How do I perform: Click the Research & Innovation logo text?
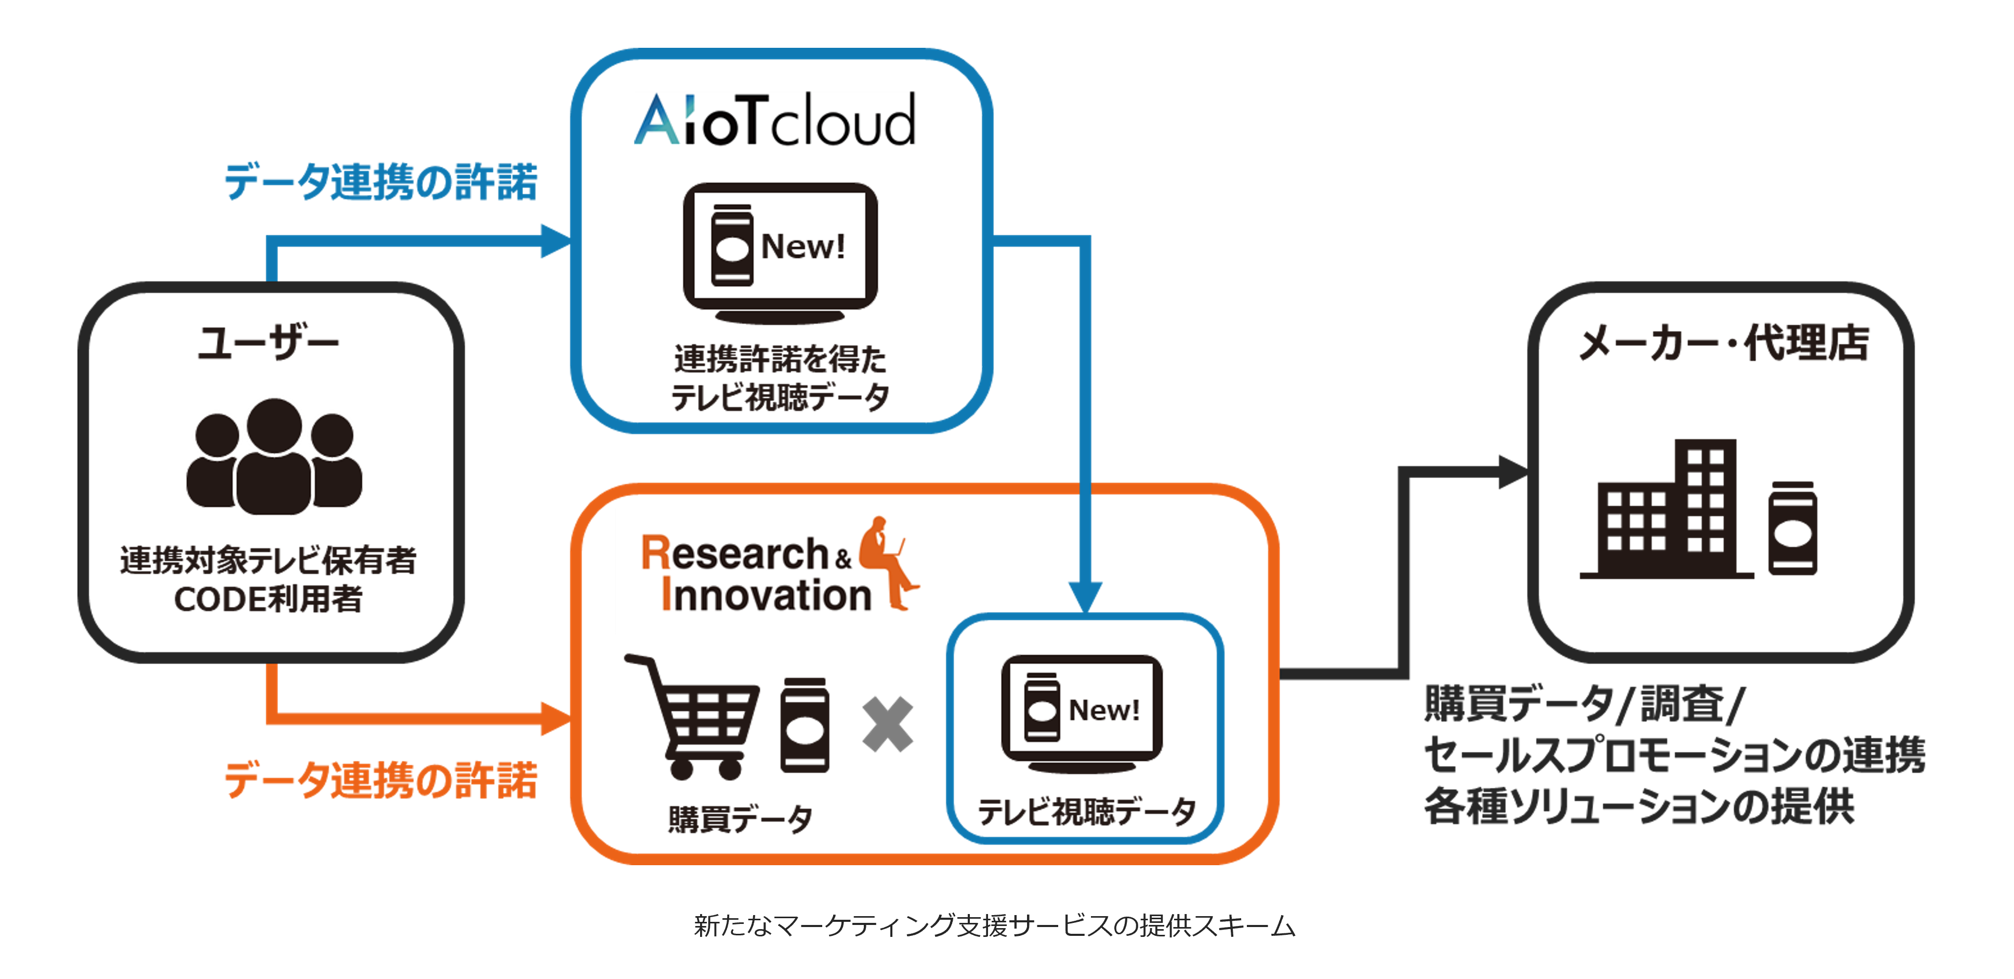[x=755, y=573]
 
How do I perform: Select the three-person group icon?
[x=273, y=457]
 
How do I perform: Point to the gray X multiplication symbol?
[x=887, y=724]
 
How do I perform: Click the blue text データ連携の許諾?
[x=381, y=182]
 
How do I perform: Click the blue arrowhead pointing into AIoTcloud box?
[x=556, y=241]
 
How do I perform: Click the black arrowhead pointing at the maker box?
[x=1513, y=471]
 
